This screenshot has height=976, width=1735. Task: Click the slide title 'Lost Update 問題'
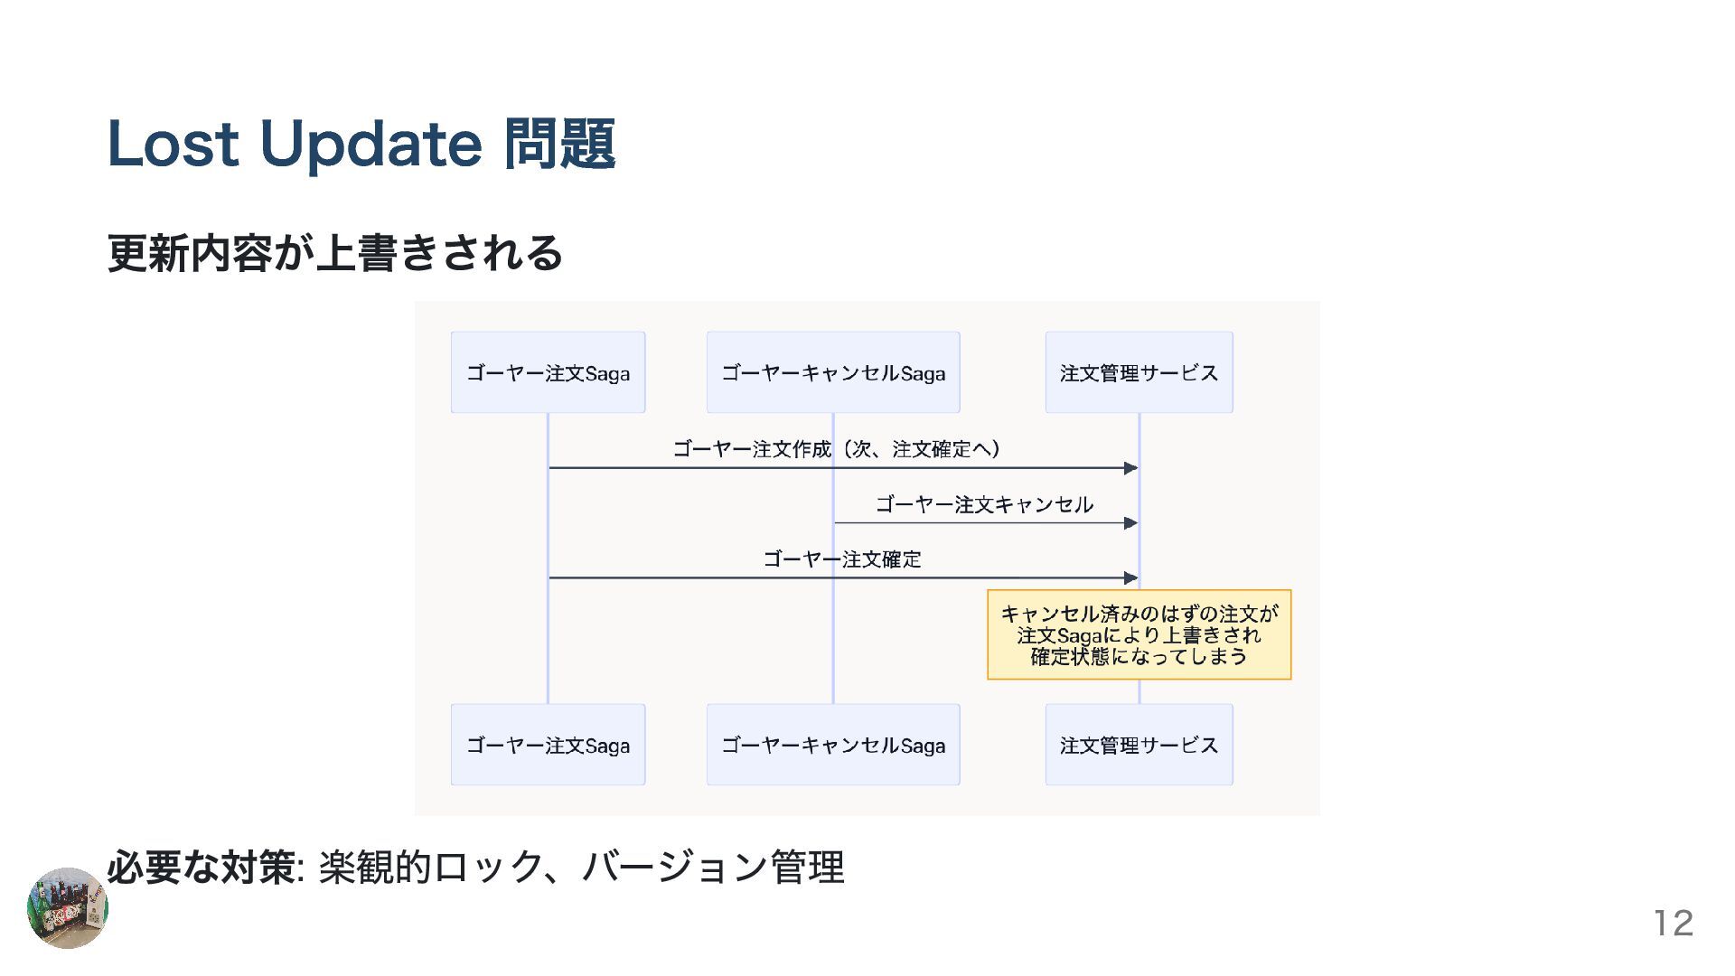click(361, 145)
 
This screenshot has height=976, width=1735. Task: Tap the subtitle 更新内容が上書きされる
click(335, 253)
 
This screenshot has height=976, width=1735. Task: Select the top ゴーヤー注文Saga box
click(548, 372)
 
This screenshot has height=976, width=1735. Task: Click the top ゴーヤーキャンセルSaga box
click(833, 372)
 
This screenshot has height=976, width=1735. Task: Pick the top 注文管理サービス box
click(1139, 372)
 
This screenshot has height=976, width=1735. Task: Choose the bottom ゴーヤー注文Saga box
click(548, 745)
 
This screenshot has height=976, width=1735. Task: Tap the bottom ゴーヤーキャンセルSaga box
click(833, 745)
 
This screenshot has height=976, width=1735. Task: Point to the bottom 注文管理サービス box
click(1139, 745)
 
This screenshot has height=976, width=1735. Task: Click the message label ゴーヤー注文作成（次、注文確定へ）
click(837, 449)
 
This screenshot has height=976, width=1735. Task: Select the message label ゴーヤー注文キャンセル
click(984, 504)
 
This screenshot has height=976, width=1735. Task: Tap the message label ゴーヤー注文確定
click(842, 559)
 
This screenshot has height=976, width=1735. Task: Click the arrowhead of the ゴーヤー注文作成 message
click(1130, 468)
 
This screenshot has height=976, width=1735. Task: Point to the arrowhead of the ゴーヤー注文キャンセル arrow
click(1130, 523)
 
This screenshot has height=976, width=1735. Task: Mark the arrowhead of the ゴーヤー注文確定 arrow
click(1130, 577)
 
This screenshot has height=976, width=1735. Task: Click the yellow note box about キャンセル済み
click(1139, 634)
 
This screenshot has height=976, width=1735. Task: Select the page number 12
click(1673, 923)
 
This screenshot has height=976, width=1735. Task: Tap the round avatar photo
click(68, 908)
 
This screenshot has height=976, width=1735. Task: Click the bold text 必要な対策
click(201, 868)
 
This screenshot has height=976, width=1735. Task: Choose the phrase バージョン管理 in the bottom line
click(714, 868)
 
